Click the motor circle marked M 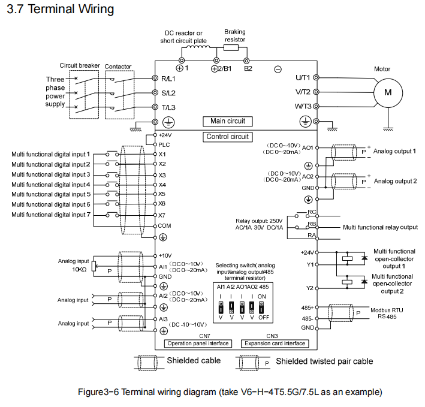coord(387,92)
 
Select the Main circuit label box coord(228,121)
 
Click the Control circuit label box coord(227,137)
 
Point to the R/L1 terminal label coord(168,79)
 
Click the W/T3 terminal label coord(303,106)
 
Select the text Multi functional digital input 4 coord(51,185)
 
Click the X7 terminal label coord(162,215)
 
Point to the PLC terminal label coord(164,144)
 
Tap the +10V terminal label coord(165,255)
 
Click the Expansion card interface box coord(273,343)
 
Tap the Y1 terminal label coord(309,263)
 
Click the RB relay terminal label coord(311,224)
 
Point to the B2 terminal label coord(248,68)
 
